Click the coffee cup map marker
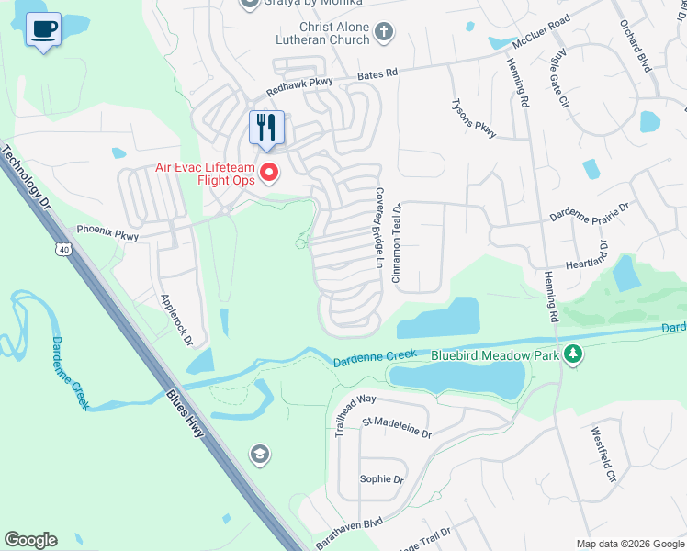pos(43,29)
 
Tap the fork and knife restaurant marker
pos(267,128)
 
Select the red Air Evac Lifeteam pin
pos(269,172)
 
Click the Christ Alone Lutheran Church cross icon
pos(383,33)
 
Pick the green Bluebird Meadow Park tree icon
pos(573,354)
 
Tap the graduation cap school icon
pos(259,454)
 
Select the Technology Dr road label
pos(28,183)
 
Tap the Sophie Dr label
pos(381,479)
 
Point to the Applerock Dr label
pos(177,319)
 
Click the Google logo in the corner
pos(30,540)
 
